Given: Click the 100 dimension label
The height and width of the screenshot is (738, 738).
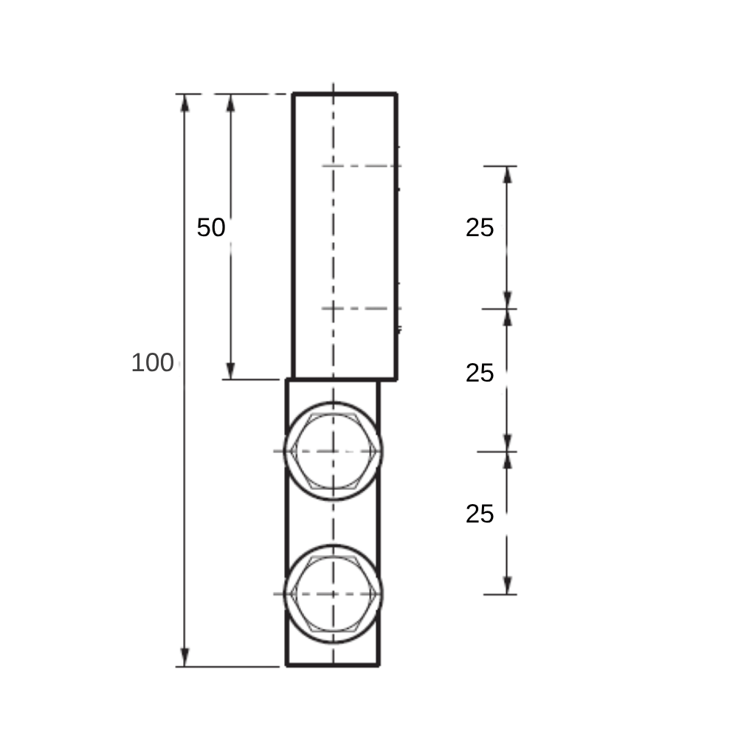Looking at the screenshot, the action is click(x=153, y=363).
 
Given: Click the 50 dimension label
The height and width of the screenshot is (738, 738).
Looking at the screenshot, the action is click(x=211, y=227).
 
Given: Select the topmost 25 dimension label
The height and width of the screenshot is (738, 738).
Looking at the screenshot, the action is click(x=480, y=228).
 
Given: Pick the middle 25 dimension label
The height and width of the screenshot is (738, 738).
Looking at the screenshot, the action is click(x=480, y=373).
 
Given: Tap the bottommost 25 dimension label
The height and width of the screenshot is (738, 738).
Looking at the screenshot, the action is click(x=480, y=514).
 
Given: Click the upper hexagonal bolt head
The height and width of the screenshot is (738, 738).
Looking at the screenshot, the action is click(x=334, y=452).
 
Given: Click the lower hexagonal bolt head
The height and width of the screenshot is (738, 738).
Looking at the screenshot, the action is click(x=334, y=594).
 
